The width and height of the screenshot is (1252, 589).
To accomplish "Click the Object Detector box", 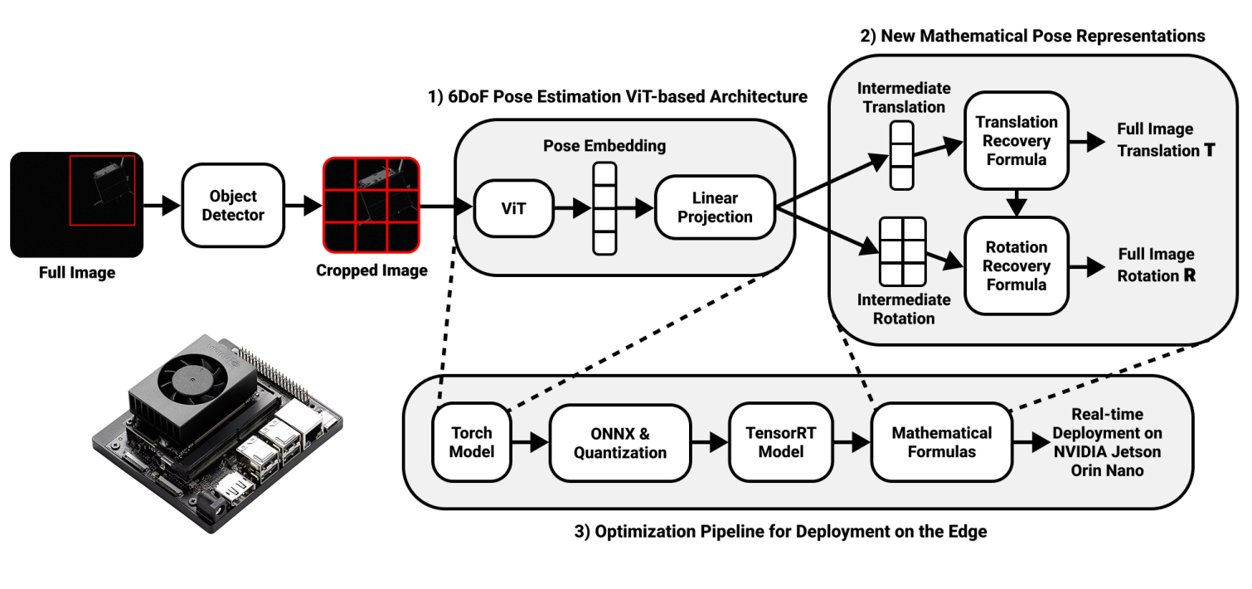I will point(233,205).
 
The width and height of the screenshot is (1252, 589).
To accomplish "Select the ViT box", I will point(514,207).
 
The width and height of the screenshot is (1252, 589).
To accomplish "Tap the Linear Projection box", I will point(715,207).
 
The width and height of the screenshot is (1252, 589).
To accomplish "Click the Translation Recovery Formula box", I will point(1017,140).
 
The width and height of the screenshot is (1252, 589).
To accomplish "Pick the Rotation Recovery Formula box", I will point(1017,265).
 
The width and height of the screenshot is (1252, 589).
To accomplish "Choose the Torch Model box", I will point(471,442).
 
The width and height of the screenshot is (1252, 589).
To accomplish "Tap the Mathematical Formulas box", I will point(941,442).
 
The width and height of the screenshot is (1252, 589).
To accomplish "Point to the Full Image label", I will point(77,272).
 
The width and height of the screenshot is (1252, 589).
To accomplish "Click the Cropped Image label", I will point(371,270).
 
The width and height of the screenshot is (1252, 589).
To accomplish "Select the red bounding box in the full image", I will point(102,190).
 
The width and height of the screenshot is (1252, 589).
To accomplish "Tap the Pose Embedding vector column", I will point(605,207).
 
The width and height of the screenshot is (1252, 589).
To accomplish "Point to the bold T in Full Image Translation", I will point(1209,151).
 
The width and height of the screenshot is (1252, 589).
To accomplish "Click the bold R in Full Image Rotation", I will point(1190,276).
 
